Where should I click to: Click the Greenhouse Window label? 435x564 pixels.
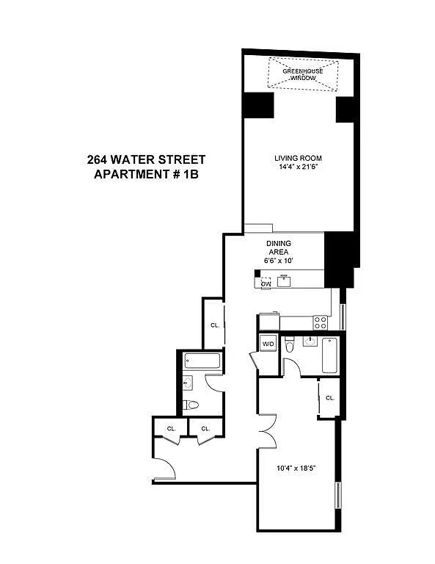pos(302,74)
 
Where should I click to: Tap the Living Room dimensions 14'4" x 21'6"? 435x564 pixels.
pos(299,167)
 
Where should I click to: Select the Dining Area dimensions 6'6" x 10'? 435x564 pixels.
pos(279,261)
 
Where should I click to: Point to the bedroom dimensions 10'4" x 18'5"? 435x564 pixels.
pos(296,469)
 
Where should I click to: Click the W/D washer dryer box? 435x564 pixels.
pos(268,344)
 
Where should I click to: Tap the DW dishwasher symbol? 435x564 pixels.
pos(266,283)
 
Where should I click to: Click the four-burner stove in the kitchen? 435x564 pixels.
pos(321,322)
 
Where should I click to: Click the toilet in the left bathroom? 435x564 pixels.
pos(191,405)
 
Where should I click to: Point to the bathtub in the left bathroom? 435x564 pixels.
pos(202,361)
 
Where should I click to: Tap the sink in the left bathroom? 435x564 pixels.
pos(187,383)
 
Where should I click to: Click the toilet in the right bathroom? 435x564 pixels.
pos(289,345)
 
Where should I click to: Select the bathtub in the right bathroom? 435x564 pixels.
pos(329,355)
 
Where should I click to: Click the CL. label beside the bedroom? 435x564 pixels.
pos(330,398)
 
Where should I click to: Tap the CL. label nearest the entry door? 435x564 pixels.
pos(171,429)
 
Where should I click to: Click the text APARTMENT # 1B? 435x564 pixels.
pos(146,174)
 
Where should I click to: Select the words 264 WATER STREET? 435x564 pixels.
pos(146,159)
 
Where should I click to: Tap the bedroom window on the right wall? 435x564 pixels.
pos(337,495)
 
